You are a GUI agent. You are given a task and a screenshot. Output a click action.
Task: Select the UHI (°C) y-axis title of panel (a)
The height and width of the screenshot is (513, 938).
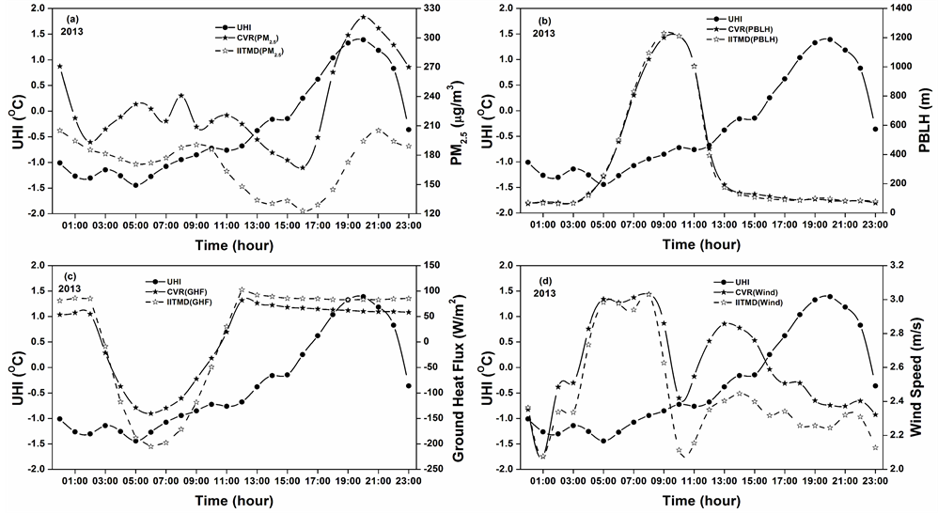pos(15,110)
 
